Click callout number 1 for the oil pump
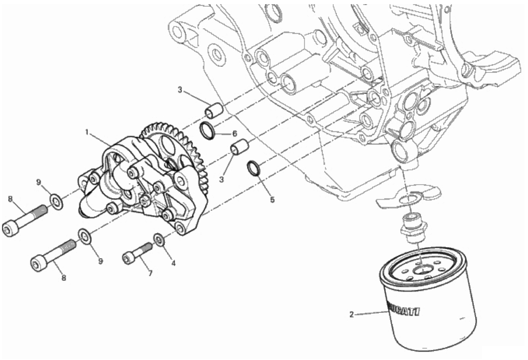pos(87,132)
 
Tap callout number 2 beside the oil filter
pos(351,315)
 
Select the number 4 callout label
pos(173,263)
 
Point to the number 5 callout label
pos(272,200)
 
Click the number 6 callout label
pos(235,134)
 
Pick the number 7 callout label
pos(150,273)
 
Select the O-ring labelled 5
pos(253,168)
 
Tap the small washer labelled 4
pos(160,240)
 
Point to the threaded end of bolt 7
pos(147,248)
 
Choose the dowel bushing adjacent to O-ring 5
pos(239,147)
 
